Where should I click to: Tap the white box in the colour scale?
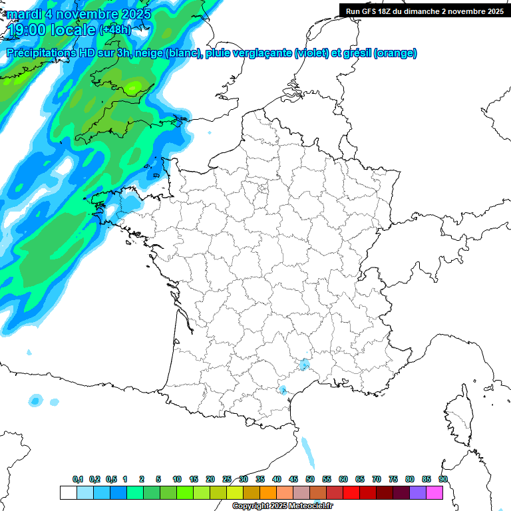click(68, 492)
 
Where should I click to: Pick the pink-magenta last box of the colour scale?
click(434, 492)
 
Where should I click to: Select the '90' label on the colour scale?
click(442, 479)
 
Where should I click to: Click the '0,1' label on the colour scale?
click(78, 479)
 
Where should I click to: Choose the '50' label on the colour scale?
click(310, 479)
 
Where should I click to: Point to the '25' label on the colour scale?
click(227, 479)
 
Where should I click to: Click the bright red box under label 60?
click(351, 492)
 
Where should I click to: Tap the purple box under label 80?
click(418, 492)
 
